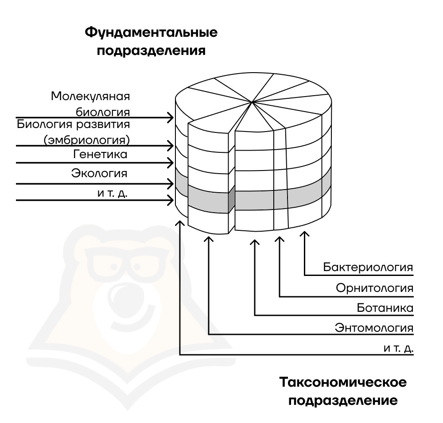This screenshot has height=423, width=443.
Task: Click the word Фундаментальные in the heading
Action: (151, 33)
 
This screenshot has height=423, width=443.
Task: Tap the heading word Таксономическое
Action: (343, 382)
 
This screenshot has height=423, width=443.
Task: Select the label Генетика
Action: (100, 154)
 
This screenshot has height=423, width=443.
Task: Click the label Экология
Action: (99, 173)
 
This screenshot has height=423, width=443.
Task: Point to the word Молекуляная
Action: (90, 97)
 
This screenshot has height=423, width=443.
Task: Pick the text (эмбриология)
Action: (87, 140)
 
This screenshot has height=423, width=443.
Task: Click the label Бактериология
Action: (368, 267)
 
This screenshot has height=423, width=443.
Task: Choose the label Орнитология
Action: (375, 288)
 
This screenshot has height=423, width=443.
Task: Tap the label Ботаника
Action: (385, 308)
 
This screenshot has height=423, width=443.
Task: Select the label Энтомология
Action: (374, 328)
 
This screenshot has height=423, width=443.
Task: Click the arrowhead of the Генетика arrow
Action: (171, 163)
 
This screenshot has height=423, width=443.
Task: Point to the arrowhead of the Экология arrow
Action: (171, 184)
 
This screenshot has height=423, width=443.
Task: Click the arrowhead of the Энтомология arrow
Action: (209, 240)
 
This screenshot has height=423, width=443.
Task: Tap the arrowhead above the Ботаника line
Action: (255, 242)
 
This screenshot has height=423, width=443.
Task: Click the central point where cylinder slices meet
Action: (252, 101)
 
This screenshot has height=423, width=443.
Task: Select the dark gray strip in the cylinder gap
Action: (231, 199)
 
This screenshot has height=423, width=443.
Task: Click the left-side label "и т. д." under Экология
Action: (113, 193)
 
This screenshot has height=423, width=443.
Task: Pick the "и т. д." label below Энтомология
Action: (398, 349)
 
